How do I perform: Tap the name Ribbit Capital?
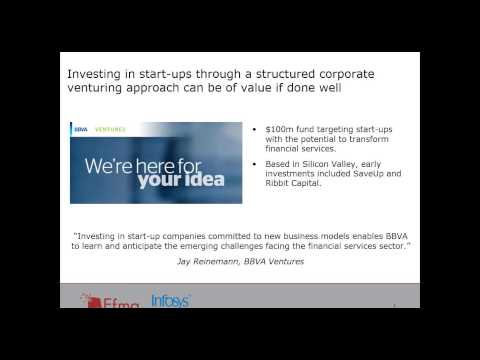[x=295, y=185]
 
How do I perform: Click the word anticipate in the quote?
[x=173, y=246]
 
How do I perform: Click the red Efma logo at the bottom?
[x=106, y=301]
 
